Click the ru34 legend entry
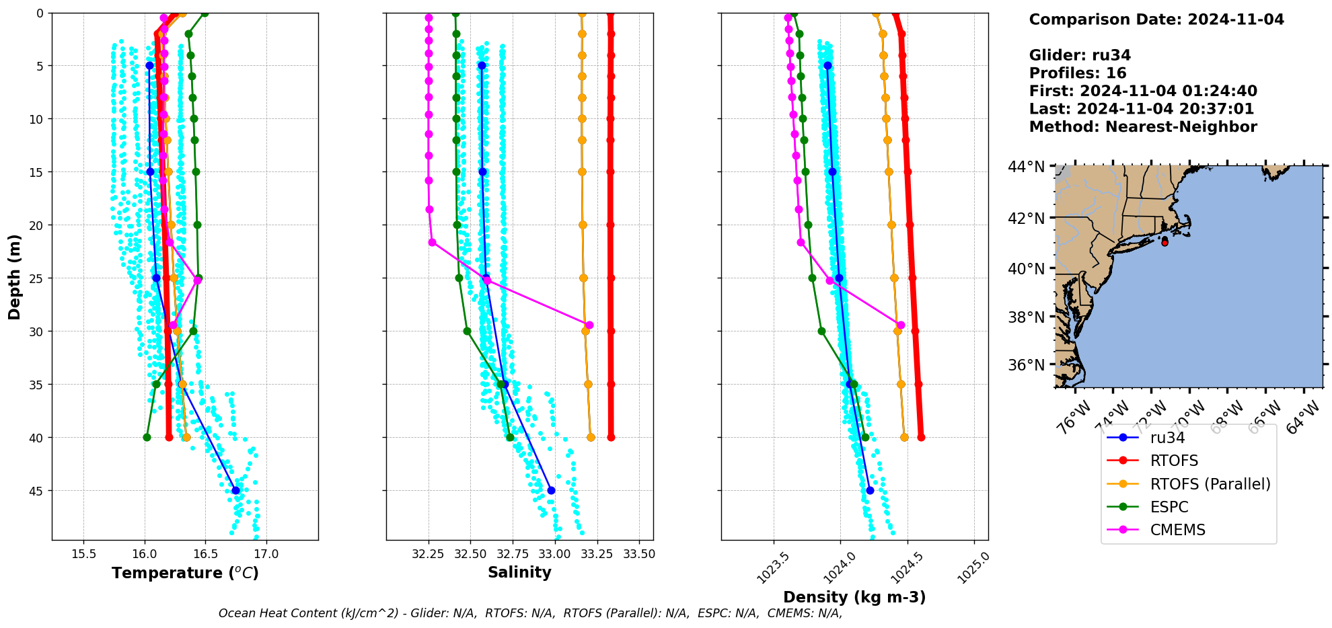[x=1167, y=438]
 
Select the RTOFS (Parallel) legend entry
[x=1210, y=484]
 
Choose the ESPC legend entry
[x=1169, y=507]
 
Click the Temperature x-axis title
[x=185, y=573]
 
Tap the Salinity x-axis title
[x=519, y=573]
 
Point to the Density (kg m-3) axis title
[x=854, y=597]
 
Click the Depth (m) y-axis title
[x=15, y=276]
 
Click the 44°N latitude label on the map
[x=1026, y=167]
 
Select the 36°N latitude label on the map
[x=1026, y=365]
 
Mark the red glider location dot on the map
[x=1164, y=243]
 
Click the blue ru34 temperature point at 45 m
[x=235, y=490]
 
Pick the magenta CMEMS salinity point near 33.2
[x=589, y=325]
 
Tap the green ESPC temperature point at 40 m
[x=147, y=437]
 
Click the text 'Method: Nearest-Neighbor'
[x=1142, y=127]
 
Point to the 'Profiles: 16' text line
[x=1077, y=73]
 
